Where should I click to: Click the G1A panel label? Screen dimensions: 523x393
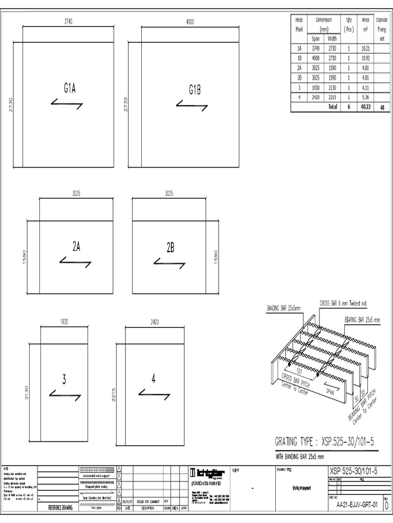pos(70,88)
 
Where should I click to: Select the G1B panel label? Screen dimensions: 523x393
pos(194,90)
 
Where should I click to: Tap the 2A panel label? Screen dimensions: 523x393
pos(76,247)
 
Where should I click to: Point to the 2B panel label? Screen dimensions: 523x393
pos(170,248)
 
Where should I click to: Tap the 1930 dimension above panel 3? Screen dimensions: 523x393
pos(64,322)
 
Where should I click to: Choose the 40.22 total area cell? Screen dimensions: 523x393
pos(365,107)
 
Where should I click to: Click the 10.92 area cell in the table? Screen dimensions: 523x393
pos(365,58)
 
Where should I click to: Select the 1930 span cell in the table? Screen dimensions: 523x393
pos(316,87)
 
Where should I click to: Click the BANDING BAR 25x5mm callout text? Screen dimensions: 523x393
pos(283,308)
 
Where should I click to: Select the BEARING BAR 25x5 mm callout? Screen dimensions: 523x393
pos(362,320)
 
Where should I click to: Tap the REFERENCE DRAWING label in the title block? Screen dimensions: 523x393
pos(60,508)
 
